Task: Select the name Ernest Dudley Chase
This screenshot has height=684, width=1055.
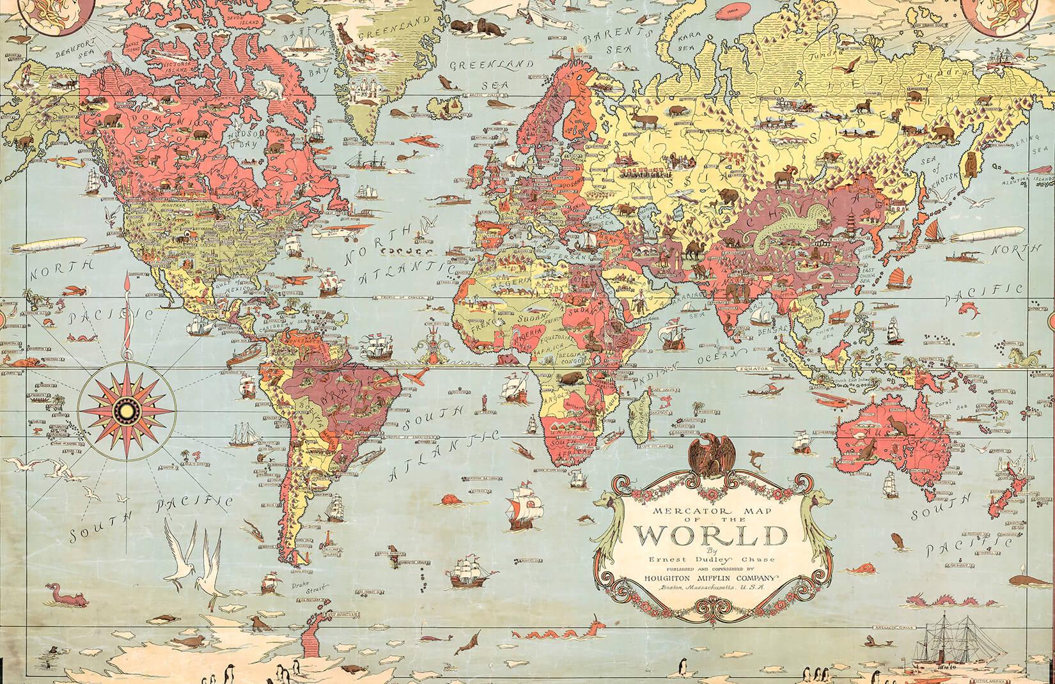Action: coord(701,559)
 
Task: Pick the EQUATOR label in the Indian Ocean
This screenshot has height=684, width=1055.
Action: coord(752,369)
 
